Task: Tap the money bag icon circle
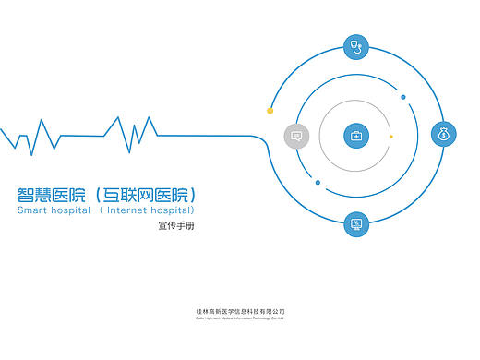tap(444, 135)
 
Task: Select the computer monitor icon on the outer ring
tap(356, 223)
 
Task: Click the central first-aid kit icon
tap(356, 136)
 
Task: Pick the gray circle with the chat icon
tap(296, 136)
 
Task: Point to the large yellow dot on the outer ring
tap(270, 111)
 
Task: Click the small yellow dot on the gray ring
tap(391, 137)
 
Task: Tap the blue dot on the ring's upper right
tap(403, 97)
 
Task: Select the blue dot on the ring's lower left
tap(318, 183)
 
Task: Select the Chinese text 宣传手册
tap(176, 226)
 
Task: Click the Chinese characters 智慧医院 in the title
tap(52, 195)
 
